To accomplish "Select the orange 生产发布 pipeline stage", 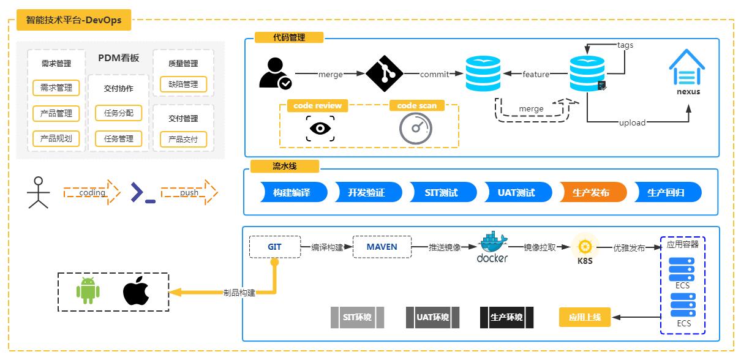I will (x=591, y=192).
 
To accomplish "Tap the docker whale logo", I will (x=492, y=244).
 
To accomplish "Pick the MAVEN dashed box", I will (x=382, y=247).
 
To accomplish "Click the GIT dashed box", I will (x=274, y=247).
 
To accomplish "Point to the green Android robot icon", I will (x=88, y=290).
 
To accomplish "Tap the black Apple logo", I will (x=136, y=290).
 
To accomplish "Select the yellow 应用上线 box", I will (x=585, y=317).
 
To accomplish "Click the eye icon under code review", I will (x=320, y=129).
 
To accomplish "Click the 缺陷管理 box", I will (x=183, y=84).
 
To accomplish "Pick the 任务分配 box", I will (x=118, y=113).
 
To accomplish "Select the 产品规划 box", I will (x=56, y=138).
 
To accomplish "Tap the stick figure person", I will (x=39, y=192).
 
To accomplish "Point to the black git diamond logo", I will (x=384, y=74).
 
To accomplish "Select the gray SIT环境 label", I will (x=357, y=317).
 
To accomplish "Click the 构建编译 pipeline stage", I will (x=292, y=192).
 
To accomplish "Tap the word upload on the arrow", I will (x=632, y=122).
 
